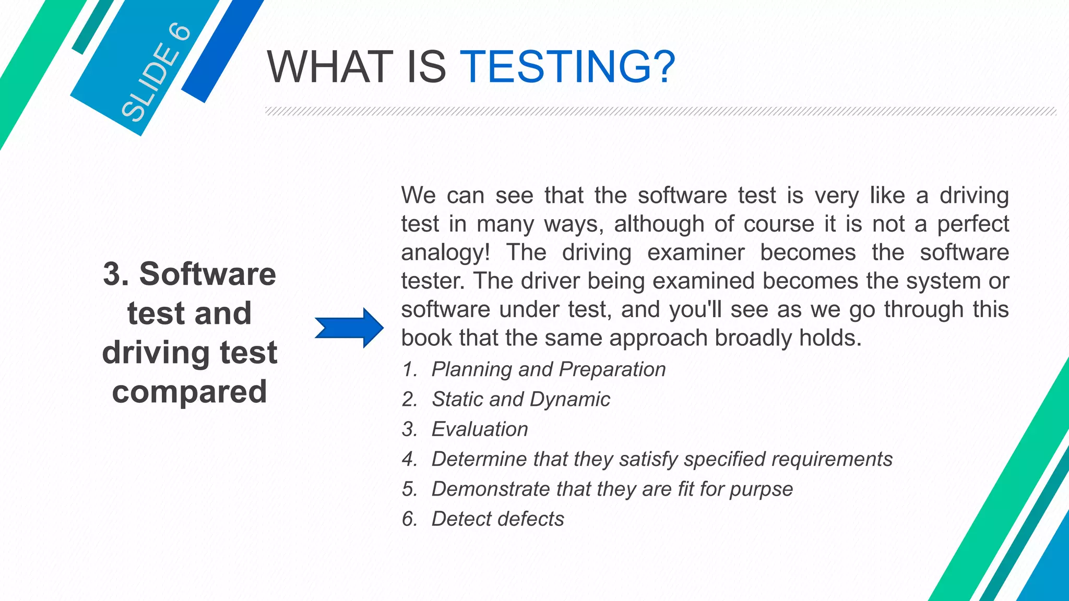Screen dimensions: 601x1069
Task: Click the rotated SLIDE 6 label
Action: pos(156,73)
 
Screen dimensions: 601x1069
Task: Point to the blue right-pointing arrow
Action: pos(349,328)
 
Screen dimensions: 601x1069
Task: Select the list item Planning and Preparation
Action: pos(548,369)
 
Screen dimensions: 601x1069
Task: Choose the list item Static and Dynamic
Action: pos(520,399)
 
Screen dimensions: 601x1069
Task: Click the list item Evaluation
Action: pos(479,429)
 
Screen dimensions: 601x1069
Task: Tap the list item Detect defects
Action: pos(497,519)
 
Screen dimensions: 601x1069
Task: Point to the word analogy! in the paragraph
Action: pos(445,253)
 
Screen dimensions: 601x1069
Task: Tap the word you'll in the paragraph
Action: pos(695,309)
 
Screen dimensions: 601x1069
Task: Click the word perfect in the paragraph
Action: pos(973,224)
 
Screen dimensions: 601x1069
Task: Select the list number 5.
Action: pos(409,489)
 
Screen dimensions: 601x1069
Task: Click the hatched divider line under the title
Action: pos(660,111)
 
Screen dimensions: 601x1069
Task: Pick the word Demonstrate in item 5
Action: pos(490,489)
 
